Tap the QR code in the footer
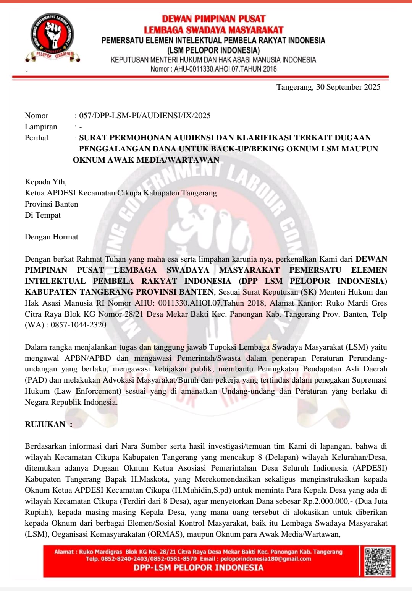pyautogui.click(x=377, y=561)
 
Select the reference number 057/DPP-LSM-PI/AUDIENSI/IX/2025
pyautogui.click(x=145, y=116)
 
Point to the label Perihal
pyautogui.click(x=37, y=138)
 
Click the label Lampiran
pyautogui.click(x=41, y=127)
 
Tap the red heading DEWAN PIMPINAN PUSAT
pyautogui.click(x=213, y=19)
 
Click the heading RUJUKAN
pyautogui.click(x=45, y=424)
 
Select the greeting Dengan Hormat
pyautogui.click(x=52, y=237)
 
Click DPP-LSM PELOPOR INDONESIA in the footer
pyautogui.click(x=198, y=568)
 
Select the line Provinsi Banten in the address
pyautogui.click(x=52, y=204)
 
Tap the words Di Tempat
pyautogui.click(x=43, y=215)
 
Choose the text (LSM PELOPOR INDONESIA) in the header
pyautogui.click(x=213, y=50)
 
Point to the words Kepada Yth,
pyautogui.click(x=46, y=182)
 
